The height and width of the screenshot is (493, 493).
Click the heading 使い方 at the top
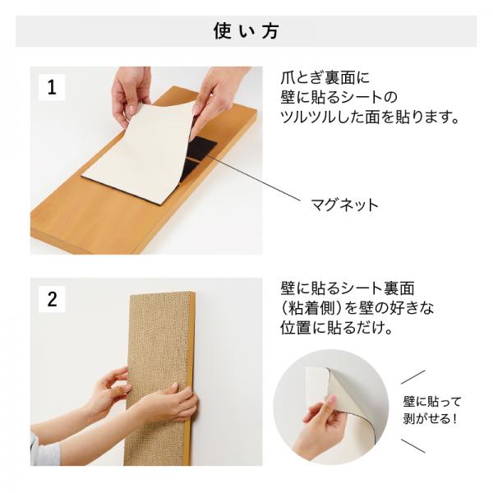point(246,31)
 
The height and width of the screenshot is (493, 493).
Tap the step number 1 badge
point(52,87)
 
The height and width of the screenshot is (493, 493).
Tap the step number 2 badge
point(52,299)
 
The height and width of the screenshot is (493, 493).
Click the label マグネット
point(344,205)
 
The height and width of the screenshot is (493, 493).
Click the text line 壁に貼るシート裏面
point(346,288)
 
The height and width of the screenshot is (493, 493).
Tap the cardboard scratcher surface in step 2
point(156,345)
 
